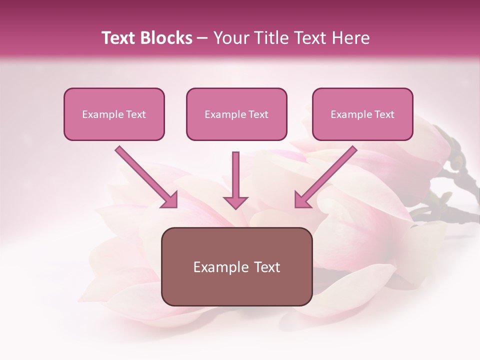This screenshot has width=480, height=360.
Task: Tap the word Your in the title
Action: [x=231, y=38]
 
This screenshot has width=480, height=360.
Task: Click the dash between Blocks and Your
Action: [x=202, y=38]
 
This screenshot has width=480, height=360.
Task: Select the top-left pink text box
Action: [x=114, y=114]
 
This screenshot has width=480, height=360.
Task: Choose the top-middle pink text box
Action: [x=236, y=114]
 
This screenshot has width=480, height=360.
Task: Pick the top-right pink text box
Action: [x=362, y=114]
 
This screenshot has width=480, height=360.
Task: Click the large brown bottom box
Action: [x=236, y=266]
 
